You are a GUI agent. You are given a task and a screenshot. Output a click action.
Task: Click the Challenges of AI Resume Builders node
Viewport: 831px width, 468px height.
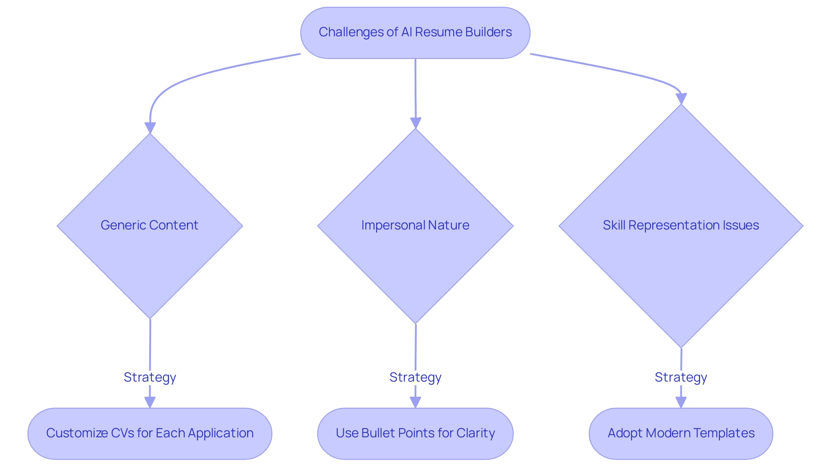(x=415, y=32)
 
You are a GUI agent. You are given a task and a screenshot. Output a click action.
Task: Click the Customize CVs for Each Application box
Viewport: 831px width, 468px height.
(x=150, y=433)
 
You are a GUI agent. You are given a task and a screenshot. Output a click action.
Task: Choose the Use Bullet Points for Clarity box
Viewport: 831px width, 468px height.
(x=415, y=433)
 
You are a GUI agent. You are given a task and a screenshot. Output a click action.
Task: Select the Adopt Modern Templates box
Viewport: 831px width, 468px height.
(x=681, y=433)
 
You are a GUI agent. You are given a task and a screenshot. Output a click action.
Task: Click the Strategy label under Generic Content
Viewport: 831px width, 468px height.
(x=150, y=377)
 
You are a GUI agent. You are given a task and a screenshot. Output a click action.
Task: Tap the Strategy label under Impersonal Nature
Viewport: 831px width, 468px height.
(x=415, y=377)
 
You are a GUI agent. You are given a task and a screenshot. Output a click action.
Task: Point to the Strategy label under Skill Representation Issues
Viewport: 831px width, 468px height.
(x=681, y=377)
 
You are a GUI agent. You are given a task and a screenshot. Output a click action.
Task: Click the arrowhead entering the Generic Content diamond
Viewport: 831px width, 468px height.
(x=150, y=128)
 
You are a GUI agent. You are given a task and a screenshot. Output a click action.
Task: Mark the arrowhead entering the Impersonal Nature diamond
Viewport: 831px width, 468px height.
(x=415, y=123)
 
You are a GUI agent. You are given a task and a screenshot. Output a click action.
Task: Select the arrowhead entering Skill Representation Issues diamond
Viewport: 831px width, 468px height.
(x=681, y=99)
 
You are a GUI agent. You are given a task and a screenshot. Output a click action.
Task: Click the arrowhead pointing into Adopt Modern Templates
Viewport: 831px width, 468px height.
(x=681, y=402)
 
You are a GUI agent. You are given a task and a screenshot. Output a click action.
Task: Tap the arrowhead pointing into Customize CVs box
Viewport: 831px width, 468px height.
(x=150, y=402)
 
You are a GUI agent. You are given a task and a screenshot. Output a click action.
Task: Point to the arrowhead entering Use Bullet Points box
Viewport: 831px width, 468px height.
(x=415, y=402)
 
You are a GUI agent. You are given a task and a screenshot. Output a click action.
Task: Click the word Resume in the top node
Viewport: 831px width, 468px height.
(x=433, y=32)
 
